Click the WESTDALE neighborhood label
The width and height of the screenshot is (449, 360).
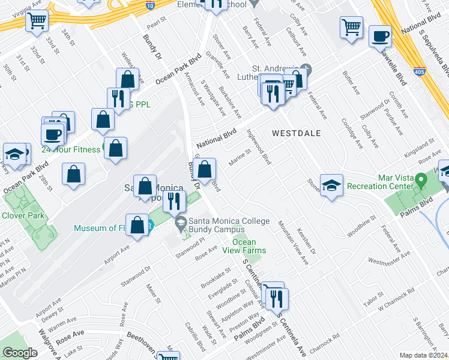pos(296,133)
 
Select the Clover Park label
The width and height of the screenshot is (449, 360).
pos(20,215)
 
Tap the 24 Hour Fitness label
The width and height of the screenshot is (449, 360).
pos(70,149)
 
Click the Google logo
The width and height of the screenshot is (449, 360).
pos(20,353)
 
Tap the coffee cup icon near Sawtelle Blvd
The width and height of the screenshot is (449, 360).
pos(379,36)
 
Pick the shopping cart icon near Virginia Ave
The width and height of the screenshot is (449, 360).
pos(37,22)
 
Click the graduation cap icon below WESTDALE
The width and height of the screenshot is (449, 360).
pos(331,185)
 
